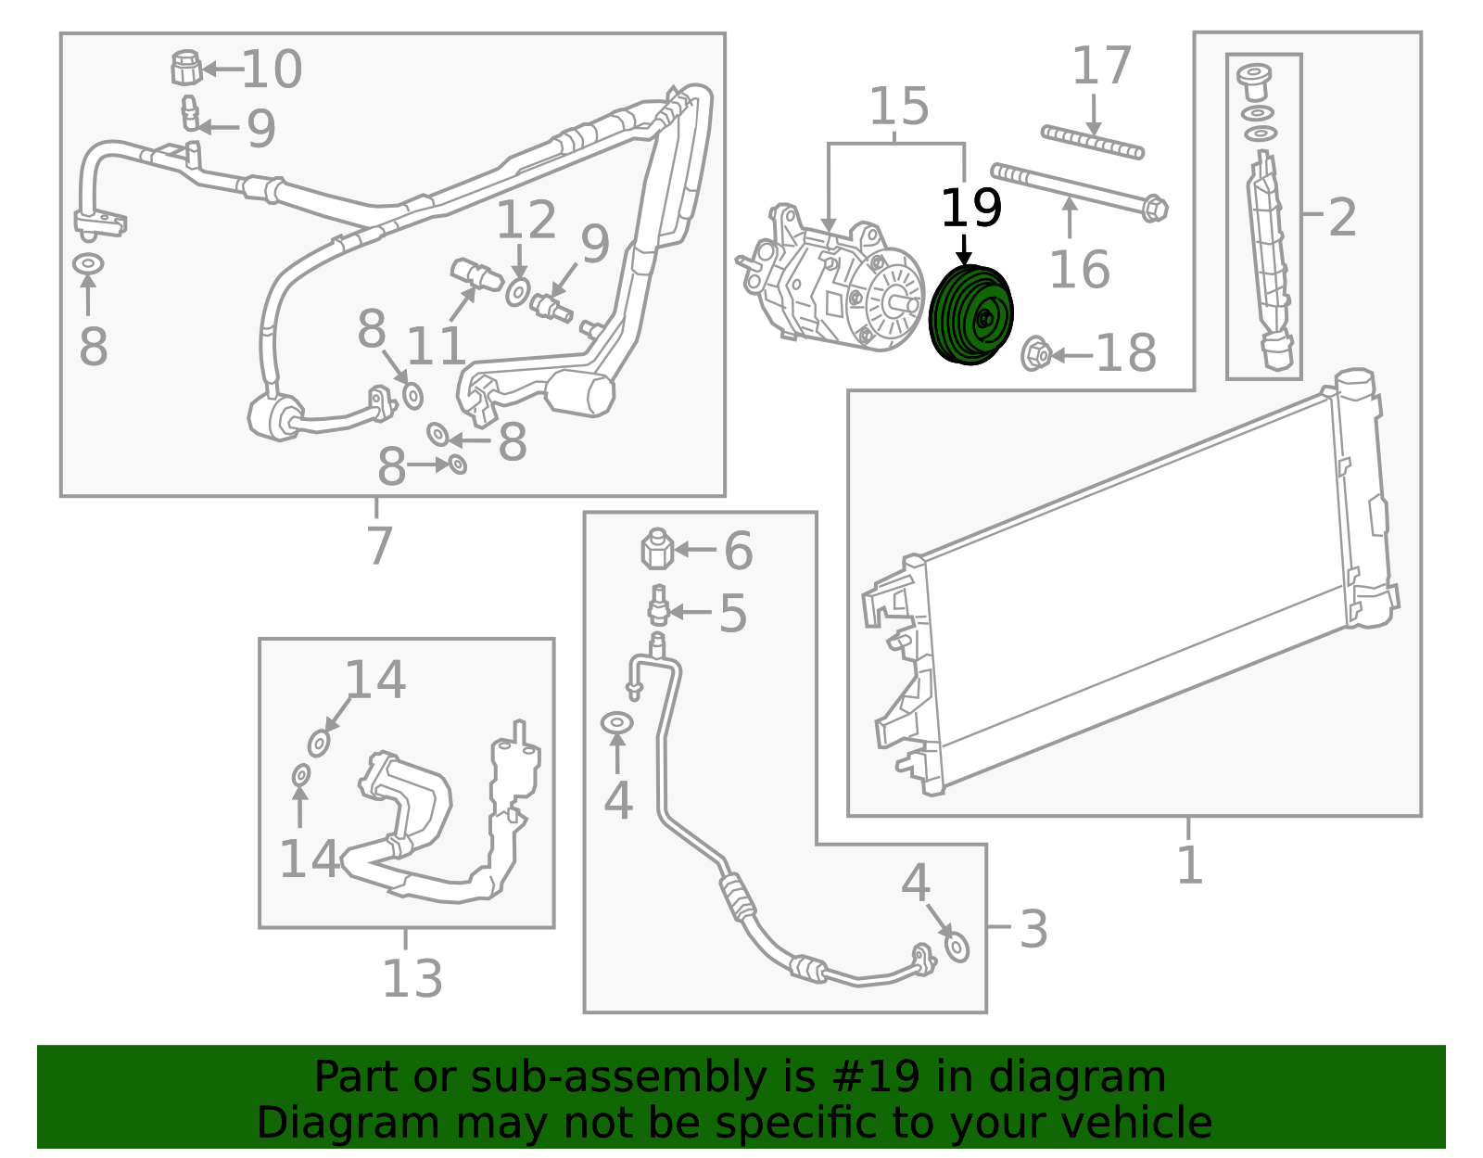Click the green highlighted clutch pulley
970,315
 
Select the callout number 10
272,70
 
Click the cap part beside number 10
186,68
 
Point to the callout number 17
1101,66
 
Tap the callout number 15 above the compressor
898,107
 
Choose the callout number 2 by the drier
1342,217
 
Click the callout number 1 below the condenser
1189,865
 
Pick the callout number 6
738,551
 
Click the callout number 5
732,614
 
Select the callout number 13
412,977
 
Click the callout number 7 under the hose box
379,544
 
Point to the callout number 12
526,221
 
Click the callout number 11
436,346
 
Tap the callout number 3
1033,928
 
